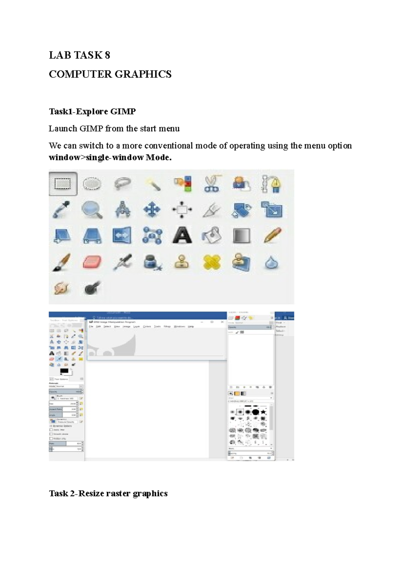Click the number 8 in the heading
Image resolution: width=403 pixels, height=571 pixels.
pyautogui.click(x=107, y=55)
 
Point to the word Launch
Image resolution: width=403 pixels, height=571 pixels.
pyautogui.click(x=63, y=129)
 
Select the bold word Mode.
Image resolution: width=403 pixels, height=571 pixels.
pyautogui.click(x=158, y=157)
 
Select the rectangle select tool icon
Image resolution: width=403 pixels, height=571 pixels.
pyautogui.click(x=63, y=184)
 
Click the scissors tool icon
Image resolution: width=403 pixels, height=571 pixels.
pyautogui.click(x=212, y=184)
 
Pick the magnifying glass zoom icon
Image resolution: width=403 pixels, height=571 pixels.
pyautogui.click(x=92, y=210)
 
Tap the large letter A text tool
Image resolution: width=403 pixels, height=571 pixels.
pyautogui.click(x=182, y=235)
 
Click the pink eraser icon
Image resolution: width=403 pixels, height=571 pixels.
pyautogui.click(x=92, y=262)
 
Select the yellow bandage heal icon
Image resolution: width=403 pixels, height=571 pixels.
pyautogui.click(x=212, y=262)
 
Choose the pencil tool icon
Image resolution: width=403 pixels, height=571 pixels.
pyautogui.click(x=272, y=235)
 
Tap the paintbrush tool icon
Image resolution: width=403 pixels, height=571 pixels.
pyautogui.click(x=62, y=262)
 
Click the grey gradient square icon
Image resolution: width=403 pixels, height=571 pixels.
pyautogui.click(x=241, y=235)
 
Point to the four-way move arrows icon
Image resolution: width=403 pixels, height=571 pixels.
pyautogui.click(x=152, y=210)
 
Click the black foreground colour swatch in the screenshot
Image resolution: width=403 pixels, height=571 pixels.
pyautogui.click(x=64, y=371)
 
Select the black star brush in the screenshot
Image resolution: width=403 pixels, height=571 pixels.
pyautogui.click(x=263, y=412)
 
